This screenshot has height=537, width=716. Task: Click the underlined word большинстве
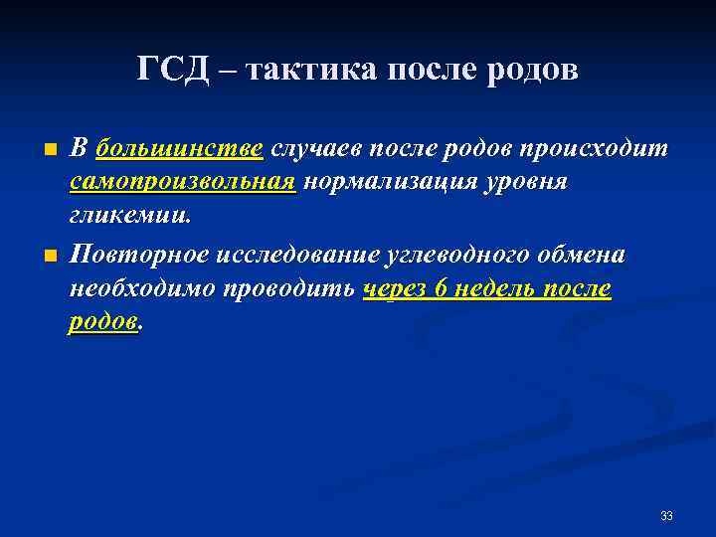(180, 149)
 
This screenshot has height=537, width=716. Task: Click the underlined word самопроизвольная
(183, 182)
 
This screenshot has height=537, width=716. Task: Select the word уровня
(537, 182)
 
